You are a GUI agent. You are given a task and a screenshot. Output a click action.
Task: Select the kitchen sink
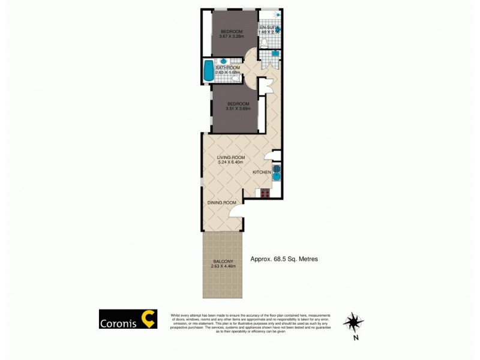(277, 172)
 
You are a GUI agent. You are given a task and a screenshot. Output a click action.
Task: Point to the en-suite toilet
(265, 42)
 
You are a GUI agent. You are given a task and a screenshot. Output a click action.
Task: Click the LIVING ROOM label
(231, 157)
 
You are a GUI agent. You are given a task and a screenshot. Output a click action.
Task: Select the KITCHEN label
(262, 172)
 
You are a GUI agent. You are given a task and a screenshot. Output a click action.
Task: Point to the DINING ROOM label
(220, 203)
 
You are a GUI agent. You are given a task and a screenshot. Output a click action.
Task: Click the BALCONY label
(223, 261)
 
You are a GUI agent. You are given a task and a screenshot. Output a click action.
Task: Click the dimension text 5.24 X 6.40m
(232, 163)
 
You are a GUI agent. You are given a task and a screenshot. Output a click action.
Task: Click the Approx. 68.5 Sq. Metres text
(283, 259)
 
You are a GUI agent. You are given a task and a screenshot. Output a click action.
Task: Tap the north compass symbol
(353, 322)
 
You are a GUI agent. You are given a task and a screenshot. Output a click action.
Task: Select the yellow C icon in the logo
(148, 319)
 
